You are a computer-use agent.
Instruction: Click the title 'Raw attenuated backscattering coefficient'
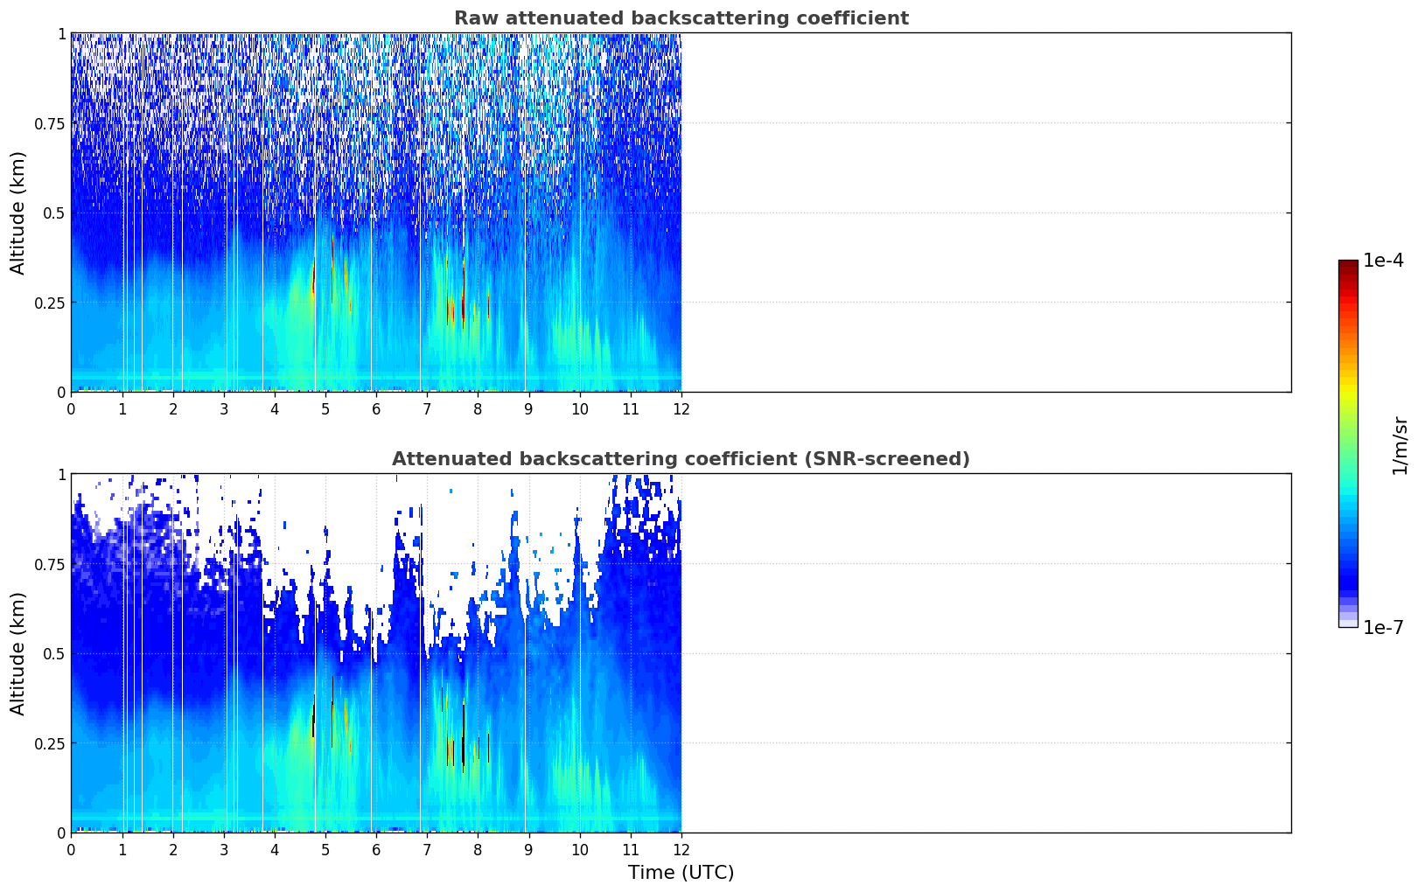(681, 18)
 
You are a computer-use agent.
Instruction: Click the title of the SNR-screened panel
(681, 458)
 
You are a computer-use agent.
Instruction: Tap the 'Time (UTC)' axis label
(681, 873)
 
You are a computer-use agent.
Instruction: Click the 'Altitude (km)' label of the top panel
(17, 213)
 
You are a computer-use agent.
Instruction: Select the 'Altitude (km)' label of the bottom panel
(17, 653)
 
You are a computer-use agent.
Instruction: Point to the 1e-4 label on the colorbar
(1383, 261)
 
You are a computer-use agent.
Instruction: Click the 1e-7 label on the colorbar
(1383, 628)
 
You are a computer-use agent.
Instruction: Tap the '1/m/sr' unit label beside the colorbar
(1400, 446)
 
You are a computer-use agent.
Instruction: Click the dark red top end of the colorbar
(1348, 264)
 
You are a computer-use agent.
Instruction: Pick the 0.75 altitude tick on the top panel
(50, 123)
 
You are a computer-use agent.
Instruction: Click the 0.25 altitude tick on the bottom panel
(50, 743)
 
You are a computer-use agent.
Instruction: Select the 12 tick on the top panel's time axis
(681, 409)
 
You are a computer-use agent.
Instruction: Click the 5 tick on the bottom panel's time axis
(325, 850)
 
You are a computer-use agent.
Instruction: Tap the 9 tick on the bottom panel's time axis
(528, 850)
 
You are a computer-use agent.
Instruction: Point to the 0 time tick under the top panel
(71, 409)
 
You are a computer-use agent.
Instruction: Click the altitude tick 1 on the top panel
(62, 34)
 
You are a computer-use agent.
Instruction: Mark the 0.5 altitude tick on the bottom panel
(54, 653)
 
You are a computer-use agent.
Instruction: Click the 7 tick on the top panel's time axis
(427, 409)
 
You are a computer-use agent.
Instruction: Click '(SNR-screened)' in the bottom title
(887, 458)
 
